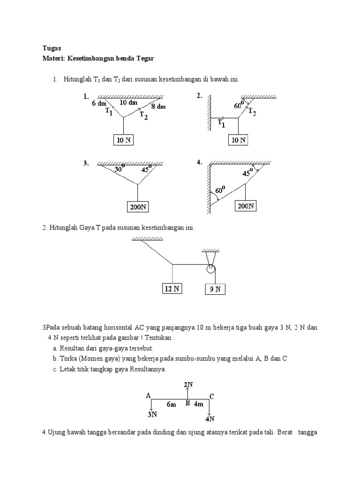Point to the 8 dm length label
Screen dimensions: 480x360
[158, 106]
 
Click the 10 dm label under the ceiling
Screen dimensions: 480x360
[128, 102]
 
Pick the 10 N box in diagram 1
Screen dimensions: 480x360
[123, 140]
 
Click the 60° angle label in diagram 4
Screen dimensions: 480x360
[220, 191]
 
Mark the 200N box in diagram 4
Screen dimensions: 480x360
[246, 205]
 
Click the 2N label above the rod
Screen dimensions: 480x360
[188, 385]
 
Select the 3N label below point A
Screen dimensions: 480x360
[152, 414]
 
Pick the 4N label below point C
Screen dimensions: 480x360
[210, 418]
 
